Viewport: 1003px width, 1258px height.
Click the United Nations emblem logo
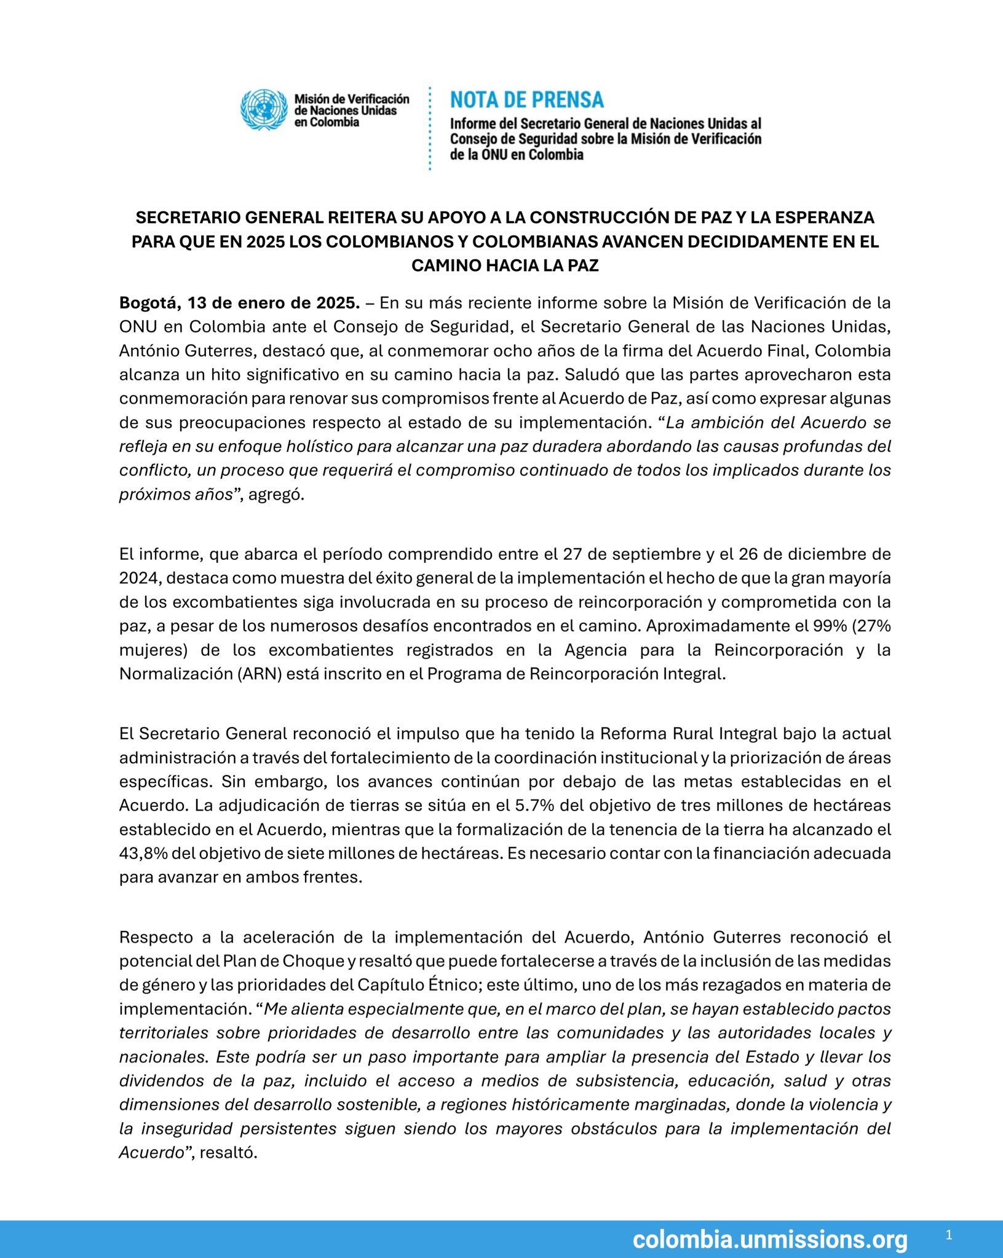[264, 109]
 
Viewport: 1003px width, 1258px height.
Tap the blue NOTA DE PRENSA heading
[527, 100]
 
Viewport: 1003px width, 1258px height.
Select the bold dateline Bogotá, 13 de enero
[239, 303]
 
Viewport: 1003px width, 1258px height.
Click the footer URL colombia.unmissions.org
[769, 1239]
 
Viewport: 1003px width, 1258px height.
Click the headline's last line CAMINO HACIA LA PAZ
[505, 265]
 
